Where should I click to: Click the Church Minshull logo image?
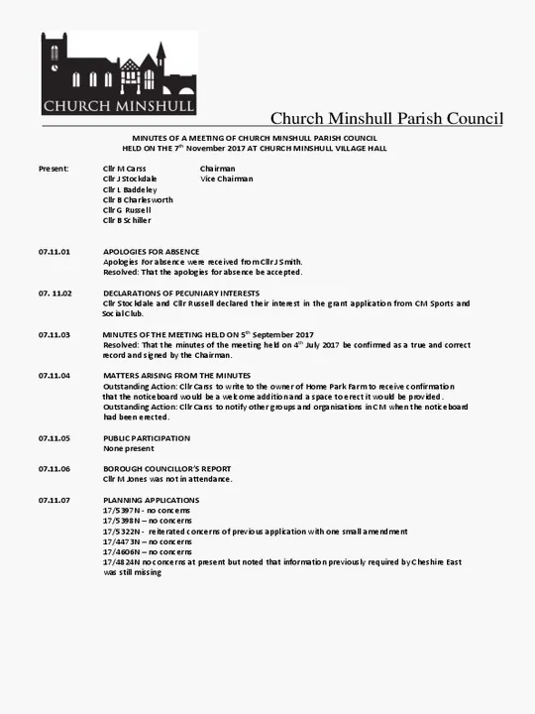click(118, 73)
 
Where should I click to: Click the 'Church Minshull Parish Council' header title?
click(386, 119)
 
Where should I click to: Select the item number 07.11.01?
click(54, 252)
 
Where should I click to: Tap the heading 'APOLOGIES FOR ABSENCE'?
click(152, 252)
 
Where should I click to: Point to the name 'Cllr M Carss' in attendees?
click(124, 169)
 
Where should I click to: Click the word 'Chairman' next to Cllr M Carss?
click(217, 169)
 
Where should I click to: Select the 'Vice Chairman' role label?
click(226, 179)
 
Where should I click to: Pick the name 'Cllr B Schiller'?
click(127, 220)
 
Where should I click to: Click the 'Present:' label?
click(53, 169)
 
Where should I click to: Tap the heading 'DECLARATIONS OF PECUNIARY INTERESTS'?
click(181, 294)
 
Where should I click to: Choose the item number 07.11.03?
click(54, 335)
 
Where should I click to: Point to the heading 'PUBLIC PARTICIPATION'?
click(147, 438)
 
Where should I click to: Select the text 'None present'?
click(125, 448)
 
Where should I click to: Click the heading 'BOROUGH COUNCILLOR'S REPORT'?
click(166, 469)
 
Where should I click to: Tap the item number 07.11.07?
click(54, 500)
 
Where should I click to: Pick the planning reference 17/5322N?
click(121, 532)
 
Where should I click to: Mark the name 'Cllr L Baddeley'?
click(130, 189)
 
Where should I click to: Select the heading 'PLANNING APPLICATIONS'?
click(151, 500)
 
